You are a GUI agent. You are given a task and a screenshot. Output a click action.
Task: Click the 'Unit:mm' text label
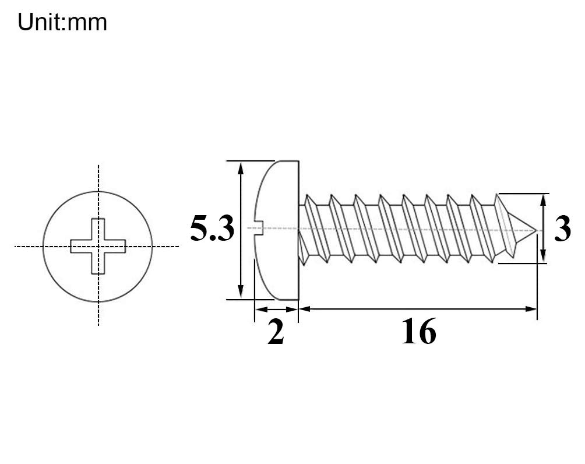(x=62, y=22)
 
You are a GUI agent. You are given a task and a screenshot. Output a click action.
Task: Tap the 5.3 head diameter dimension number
(x=212, y=229)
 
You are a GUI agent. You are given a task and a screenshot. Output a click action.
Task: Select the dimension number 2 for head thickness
(x=276, y=332)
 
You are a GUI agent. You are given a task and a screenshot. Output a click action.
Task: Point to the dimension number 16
(x=418, y=332)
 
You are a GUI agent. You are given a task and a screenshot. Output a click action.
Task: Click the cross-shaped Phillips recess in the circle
(x=98, y=246)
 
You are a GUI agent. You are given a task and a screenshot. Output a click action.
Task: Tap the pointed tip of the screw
(x=535, y=230)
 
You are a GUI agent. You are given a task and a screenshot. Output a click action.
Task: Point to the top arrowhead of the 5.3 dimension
(x=241, y=168)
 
